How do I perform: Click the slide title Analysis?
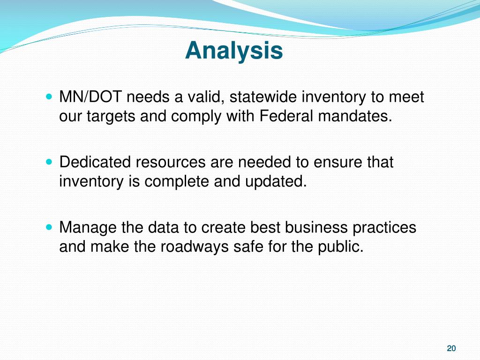(x=234, y=51)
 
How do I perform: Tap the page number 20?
(x=451, y=348)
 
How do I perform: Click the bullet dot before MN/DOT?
(x=49, y=97)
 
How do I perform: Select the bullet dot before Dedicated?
(x=49, y=162)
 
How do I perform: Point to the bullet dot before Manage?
(x=49, y=227)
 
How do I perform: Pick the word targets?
(x=111, y=117)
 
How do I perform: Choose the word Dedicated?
(x=95, y=162)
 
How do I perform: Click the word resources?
(x=171, y=163)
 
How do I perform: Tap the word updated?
(x=276, y=182)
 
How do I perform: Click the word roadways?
(x=195, y=247)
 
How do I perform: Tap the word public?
(x=340, y=247)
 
